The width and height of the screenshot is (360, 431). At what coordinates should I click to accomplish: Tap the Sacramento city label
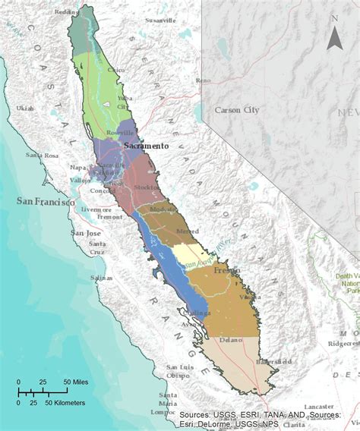[146, 145]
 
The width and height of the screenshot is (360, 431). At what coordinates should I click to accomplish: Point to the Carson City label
[237, 110]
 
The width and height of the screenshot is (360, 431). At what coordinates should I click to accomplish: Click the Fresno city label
[226, 270]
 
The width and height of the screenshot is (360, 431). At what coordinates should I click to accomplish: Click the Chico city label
[115, 70]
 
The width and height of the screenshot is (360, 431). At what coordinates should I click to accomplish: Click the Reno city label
[203, 80]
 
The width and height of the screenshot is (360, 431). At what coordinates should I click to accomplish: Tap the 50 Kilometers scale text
[64, 402]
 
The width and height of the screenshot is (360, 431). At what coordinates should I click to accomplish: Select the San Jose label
[83, 233]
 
